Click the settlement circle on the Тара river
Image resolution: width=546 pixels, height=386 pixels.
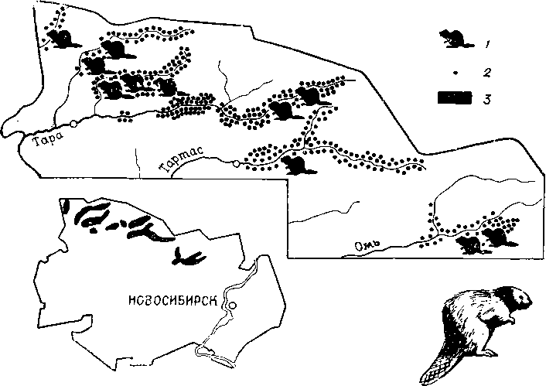[72, 124]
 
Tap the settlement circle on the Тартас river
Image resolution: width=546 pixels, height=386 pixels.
[234, 162]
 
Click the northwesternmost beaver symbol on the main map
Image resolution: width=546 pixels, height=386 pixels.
[67, 39]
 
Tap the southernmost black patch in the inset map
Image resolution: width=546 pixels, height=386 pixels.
[187, 257]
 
